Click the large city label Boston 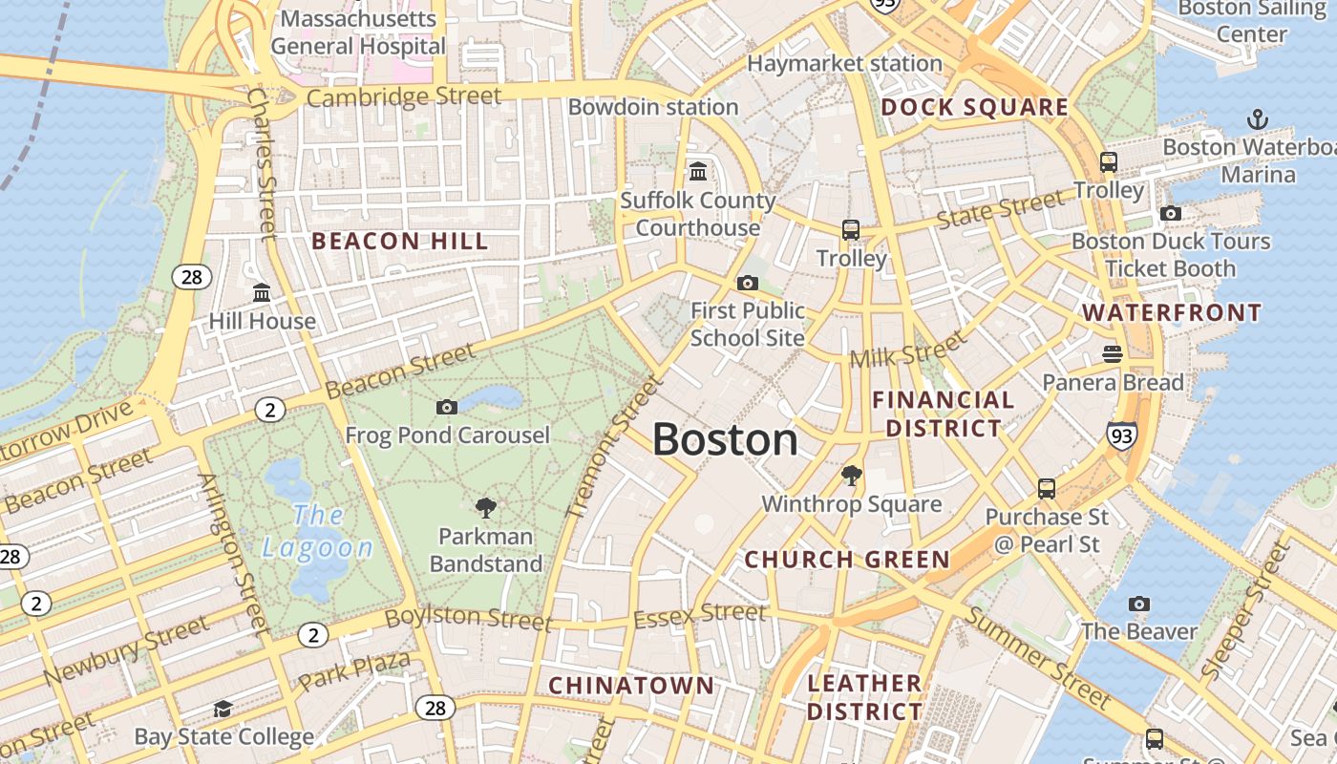tap(725, 440)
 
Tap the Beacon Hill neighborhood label tap(400, 242)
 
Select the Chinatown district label tap(630, 685)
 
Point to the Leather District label tap(865, 697)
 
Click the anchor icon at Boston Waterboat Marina tap(1258, 120)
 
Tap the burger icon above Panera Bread tap(1112, 354)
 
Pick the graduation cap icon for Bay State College tap(223, 709)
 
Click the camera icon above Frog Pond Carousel tap(446, 408)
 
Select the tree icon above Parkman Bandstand tap(485, 507)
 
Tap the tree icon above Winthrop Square tap(851, 475)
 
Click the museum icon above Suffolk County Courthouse tap(698, 172)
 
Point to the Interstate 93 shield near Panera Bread tap(1122, 435)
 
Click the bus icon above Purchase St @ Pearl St tap(1047, 489)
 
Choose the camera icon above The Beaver tap(1138, 604)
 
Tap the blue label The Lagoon tap(318, 531)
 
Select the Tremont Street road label tap(614, 447)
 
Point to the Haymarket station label tap(844, 64)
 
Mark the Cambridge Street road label tap(404, 96)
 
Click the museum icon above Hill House tap(261, 292)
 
